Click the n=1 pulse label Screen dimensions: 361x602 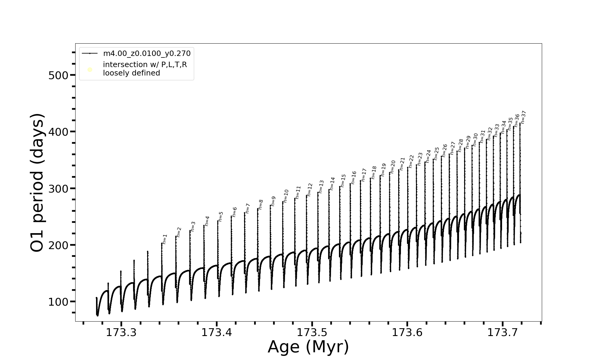[x=165, y=239]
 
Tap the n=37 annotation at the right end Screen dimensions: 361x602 [x=523, y=117]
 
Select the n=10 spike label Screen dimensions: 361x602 [x=286, y=196]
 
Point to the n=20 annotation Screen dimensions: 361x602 [x=393, y=166]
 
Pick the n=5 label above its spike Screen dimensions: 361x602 [x=221, y=217]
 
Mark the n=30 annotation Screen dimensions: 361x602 [x=475, y=140]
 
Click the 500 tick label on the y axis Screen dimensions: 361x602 [x=58, y=75]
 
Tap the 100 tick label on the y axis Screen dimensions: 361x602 [x=58, y=302]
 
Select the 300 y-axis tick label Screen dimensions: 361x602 [x=58, y=189]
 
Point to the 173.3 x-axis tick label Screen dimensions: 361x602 [x=121, y=332]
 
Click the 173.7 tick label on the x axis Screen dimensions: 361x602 [x=502, y=332]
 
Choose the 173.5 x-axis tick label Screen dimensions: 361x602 [x=312, y=332]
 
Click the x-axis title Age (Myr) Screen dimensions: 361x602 [x=308, y=347]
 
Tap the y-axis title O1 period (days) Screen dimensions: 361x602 [x=38, y=183]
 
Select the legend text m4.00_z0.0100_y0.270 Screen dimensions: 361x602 [x=147, y=54]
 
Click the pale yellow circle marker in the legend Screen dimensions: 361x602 [x=90, y=70]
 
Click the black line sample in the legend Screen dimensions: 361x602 [x=90, y=54]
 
